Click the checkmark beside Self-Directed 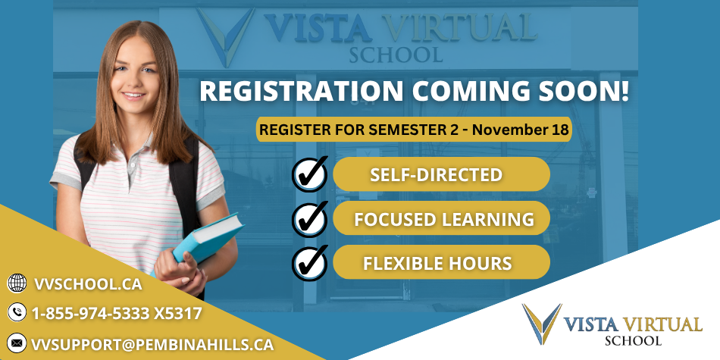[x=309, y=174]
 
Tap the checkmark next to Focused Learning [x=309, y=219]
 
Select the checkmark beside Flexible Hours [x=309, y=263]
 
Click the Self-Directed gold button [x=440, y=174]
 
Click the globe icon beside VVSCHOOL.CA [x=16, y=283]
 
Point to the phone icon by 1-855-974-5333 [x=16, y=311]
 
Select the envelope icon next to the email [x=16, y=343]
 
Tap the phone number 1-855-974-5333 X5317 [x=116, y=312]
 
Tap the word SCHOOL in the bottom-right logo [x=633, y=340]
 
